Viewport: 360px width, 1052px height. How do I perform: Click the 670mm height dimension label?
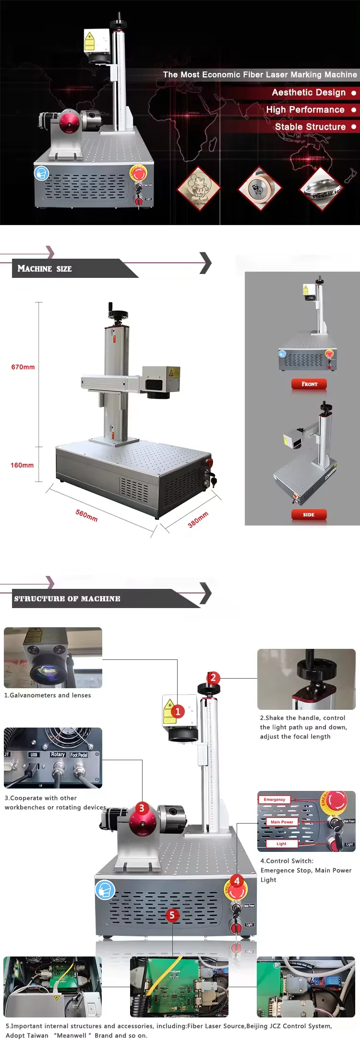tap(23, 367)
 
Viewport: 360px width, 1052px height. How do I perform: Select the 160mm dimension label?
tap(22, 465)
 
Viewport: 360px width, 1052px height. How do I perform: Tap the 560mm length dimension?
tap(86, 515)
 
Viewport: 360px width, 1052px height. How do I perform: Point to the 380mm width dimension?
tap(198, 519)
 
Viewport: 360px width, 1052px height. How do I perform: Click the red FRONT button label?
tap(309, 384)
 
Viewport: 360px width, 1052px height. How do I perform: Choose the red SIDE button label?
tap(309, 514)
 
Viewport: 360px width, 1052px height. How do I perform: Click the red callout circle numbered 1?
tap(178, 711)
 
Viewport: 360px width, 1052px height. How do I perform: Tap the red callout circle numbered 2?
tap(213, 678)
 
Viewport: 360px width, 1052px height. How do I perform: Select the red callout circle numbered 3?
tap(142, 808)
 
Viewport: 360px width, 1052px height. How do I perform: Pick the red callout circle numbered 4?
tap(237, 881)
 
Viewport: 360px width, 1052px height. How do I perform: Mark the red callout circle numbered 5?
tap(172, 915)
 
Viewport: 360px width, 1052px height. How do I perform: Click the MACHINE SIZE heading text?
tap(45, 269)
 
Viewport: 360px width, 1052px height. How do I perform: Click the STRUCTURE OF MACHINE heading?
tap(67, 599)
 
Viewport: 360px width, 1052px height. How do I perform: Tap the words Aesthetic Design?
tap(309, 93)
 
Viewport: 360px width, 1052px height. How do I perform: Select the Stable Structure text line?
tap(310, 127)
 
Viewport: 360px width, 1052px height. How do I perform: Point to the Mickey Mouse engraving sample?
tap(198, 188)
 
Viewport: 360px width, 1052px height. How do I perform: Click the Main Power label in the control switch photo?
tap(282, 822)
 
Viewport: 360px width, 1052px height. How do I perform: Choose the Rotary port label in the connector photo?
tap(58, 754)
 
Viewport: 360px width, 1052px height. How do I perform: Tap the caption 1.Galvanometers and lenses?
tap(48, 695)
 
